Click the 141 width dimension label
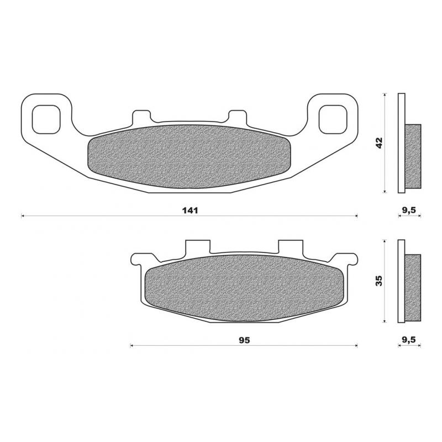click(x=189, y=211)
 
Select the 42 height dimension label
click(x=379, y=143)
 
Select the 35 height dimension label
click(x=378, y=281)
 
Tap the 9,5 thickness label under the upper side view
click(x=409, y=211)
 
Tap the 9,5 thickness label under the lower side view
click(x=409, y=340)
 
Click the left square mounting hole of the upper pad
click(x=45, y=118)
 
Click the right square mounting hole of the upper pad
click(x=331, y=118)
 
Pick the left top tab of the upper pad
click(x=141, y=117)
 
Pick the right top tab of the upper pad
click(x=238, y=117)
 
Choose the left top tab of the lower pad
click(x=198, y=246)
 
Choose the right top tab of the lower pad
click(x=291, y=246)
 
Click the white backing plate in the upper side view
click(x=402, y=143)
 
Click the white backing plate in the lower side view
click(x=402, y=281)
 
